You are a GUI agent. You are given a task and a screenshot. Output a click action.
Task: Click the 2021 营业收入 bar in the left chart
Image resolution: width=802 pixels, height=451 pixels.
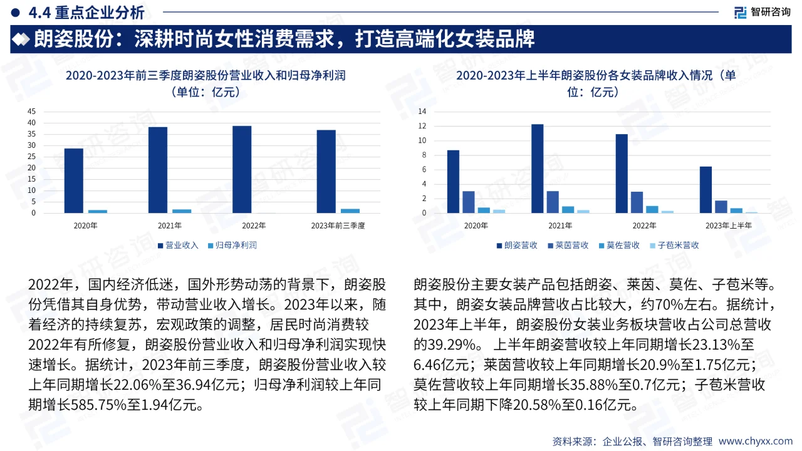tap(158, 170)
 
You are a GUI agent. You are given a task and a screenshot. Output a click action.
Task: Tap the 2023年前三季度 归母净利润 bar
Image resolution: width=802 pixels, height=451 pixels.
tap(350, 210)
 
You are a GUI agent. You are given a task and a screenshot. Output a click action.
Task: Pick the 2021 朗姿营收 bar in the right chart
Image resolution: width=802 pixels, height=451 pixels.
tap(537, 168)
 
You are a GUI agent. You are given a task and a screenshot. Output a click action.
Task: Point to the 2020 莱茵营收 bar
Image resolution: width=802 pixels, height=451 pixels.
tap(468, 202)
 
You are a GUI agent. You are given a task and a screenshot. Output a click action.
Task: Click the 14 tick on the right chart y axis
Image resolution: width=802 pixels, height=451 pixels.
tap(422, 111)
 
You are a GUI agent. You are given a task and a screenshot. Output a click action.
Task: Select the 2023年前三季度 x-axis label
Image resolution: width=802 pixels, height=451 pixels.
tap(338, 225)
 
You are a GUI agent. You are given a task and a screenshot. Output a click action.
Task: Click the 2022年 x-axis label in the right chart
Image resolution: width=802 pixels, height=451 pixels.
tap(643, 225)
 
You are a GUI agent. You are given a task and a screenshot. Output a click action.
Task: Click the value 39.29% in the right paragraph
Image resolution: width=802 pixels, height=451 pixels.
tap(446, 344)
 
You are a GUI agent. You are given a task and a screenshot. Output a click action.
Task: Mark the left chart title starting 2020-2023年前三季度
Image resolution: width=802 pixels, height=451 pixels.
tap(206, 76)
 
